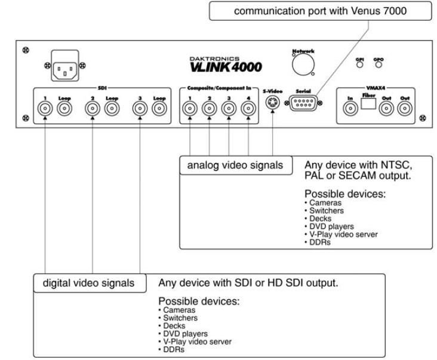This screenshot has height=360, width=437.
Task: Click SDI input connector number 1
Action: point(45,109)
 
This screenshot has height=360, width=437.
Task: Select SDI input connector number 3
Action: point(139,109)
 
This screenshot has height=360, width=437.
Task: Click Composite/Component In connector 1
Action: point(190,109)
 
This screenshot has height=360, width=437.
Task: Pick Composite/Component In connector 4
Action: point(248,109)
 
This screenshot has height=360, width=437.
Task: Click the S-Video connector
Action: point(273,103)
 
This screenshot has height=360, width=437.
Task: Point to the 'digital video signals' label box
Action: point(88,282)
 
